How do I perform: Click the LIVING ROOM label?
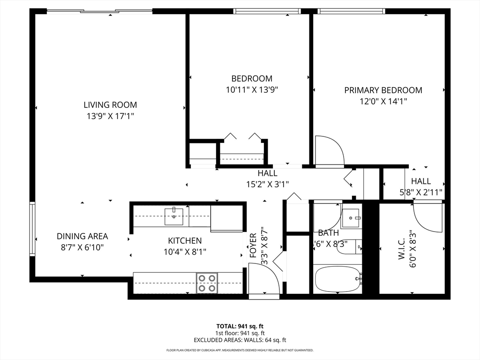click(x=110, y=105)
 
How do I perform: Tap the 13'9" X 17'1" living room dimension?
click(x=110, y=116)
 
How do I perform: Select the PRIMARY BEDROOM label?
click(x=383, y=90)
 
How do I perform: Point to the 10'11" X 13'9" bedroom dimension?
click(x=252, y=90)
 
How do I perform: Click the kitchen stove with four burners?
click(x=207, y=283)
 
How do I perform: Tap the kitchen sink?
click(x=174, y=217)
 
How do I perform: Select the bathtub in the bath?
click(x=337, y=279)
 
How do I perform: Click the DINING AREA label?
click(x=82, y=236)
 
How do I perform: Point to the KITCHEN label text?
click(x=185, y=240)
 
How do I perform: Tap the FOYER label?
click(x=253, y=246)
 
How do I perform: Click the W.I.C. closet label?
click(x=402, y=249)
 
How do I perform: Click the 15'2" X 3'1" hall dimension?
click(x=268, y=184)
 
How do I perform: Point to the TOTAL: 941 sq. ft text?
click(x=240, y=326)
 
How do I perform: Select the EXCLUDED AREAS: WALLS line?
click(x=240, y=340)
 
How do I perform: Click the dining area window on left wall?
click(x=32, y=228)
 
